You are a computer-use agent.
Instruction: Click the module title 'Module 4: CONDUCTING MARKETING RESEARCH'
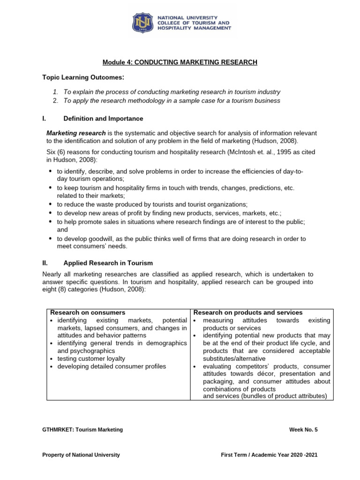[180, 62]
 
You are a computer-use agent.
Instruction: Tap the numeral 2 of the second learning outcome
[55, 100]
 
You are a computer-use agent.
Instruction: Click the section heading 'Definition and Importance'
[103, 119]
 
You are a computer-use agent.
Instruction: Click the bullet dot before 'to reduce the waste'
[51, 204]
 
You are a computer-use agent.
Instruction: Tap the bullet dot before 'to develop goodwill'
[51, 239]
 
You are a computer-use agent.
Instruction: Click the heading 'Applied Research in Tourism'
[108, 263]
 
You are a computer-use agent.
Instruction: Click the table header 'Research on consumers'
[88, 313]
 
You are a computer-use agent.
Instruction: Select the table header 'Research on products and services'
[248, 313]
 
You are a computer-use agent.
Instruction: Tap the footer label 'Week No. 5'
[304, 429]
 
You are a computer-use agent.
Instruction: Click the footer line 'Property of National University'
[81, 455]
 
